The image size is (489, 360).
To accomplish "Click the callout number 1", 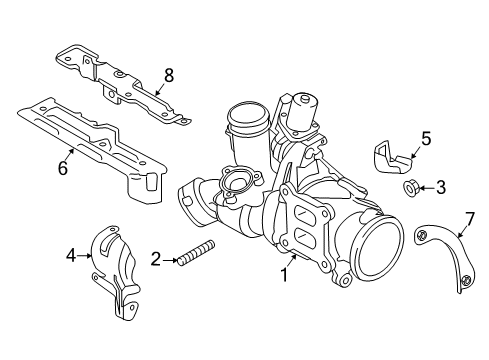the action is [284, 275].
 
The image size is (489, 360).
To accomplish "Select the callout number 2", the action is [156, 259].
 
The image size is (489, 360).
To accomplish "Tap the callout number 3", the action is [441, 188].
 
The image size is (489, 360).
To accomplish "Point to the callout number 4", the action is [71, 256].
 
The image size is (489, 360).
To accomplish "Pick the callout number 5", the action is [426, 139].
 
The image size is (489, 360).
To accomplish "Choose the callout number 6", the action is [63, 168].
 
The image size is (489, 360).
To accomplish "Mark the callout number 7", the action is [470, 219].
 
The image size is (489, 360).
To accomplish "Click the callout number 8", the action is [169, 76].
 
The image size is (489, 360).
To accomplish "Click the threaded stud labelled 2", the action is [195, 253].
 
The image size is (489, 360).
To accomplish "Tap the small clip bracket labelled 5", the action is [391, 158].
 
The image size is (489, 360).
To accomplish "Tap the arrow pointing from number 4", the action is [84, 256].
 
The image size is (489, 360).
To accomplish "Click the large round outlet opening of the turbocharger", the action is [377, 246].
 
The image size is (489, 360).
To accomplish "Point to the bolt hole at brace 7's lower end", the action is [465, 281].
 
